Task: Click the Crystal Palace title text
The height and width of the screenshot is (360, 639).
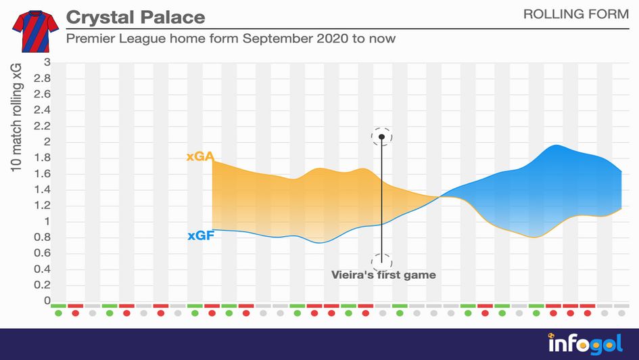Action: pos(135,17)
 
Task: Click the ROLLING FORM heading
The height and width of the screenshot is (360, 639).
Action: pos(575,14)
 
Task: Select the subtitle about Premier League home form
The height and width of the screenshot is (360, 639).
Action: pos(231,39)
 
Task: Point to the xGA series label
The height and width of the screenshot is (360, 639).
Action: pos(200,157)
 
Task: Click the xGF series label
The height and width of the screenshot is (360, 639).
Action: pos(200,236)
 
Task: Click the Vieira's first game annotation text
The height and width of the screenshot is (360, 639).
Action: pos(383,275)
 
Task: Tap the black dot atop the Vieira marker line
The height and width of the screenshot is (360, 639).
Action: pos(382,137)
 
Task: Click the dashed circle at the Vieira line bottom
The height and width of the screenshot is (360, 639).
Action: pos(382,262)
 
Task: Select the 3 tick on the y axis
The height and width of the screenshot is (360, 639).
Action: pos(47,62)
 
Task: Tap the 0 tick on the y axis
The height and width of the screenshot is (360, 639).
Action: pos(47,300)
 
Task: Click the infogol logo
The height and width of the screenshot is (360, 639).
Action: pos(584,343)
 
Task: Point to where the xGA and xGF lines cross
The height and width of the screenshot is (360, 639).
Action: pos(441,196)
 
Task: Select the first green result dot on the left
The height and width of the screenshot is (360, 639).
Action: pos(59,313)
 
